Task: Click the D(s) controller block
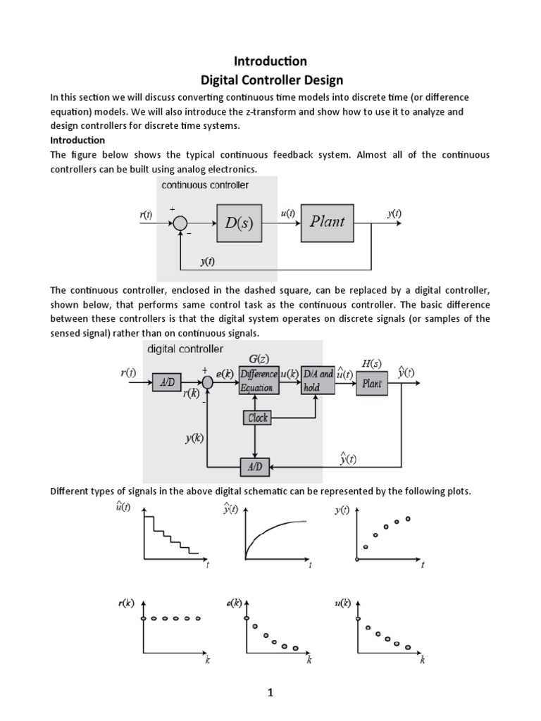(x=239, y=223)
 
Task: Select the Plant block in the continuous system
(x=327, y=221)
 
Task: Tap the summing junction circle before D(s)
(x=181, y=223)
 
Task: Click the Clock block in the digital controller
(x=257, y=418)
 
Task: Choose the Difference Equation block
(x=259, y=381)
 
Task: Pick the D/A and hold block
(x=317, y=381)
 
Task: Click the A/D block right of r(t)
(x=167, y=383)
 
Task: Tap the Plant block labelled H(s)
(x=372, y=383)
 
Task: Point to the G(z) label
(x=259, y=359)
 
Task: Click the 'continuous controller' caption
(x=205, y=185)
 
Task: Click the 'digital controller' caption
(x=185, y=349)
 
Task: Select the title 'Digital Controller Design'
(x=270, y=80)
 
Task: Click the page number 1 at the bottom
(x=270, y=693)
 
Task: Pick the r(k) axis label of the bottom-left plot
(x=127, y=603)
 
